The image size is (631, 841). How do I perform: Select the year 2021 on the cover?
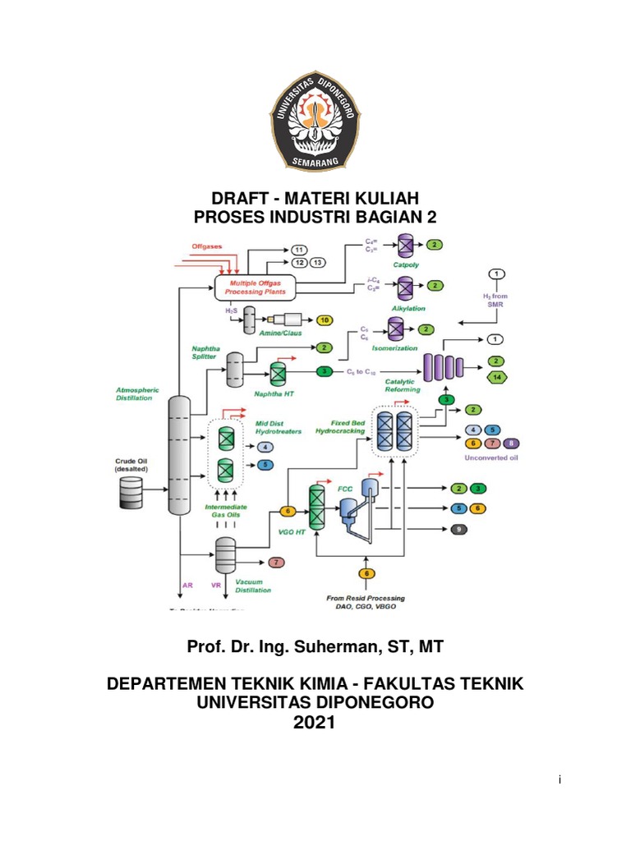(315, 722)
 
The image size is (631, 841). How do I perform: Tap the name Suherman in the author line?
(345, 647)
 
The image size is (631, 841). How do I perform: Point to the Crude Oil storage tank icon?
(129, 491)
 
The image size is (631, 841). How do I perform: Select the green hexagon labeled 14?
(496, 377)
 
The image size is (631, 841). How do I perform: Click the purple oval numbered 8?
(511, 443)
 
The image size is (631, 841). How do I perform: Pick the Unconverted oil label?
(492, 457)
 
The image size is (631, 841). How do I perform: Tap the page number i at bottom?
(559, 779)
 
